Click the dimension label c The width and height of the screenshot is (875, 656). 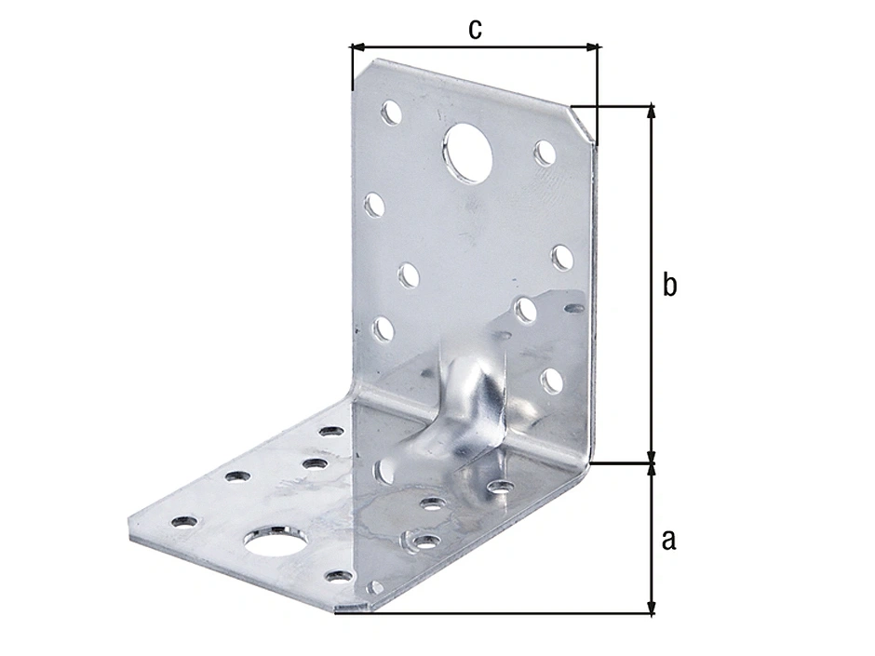475,29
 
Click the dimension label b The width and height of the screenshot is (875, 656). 669,284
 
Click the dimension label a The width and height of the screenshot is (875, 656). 668,540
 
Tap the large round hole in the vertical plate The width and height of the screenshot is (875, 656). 469,153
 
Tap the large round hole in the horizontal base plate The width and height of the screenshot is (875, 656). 276,541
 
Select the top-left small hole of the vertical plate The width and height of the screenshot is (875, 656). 391,112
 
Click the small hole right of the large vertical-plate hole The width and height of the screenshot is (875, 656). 545,153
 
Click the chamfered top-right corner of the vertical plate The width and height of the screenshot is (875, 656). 583,125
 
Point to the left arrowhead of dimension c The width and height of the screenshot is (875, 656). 357,47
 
